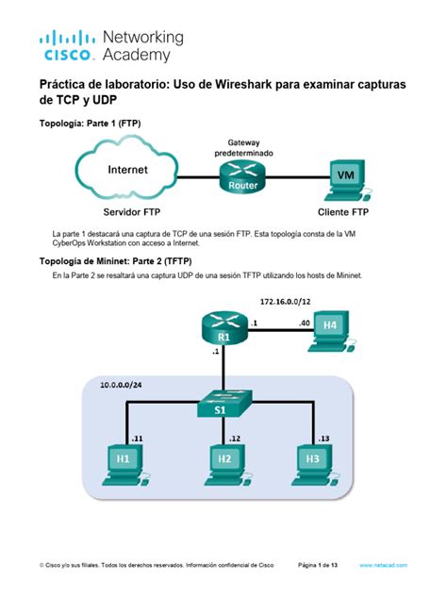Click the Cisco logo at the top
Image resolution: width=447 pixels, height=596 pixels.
tap(66, 45)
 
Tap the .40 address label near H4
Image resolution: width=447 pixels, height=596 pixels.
tap(305, 322)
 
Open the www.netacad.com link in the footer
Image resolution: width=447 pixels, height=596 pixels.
tap(383, 565)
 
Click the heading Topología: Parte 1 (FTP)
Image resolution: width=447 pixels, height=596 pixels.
tap(90, 123)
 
